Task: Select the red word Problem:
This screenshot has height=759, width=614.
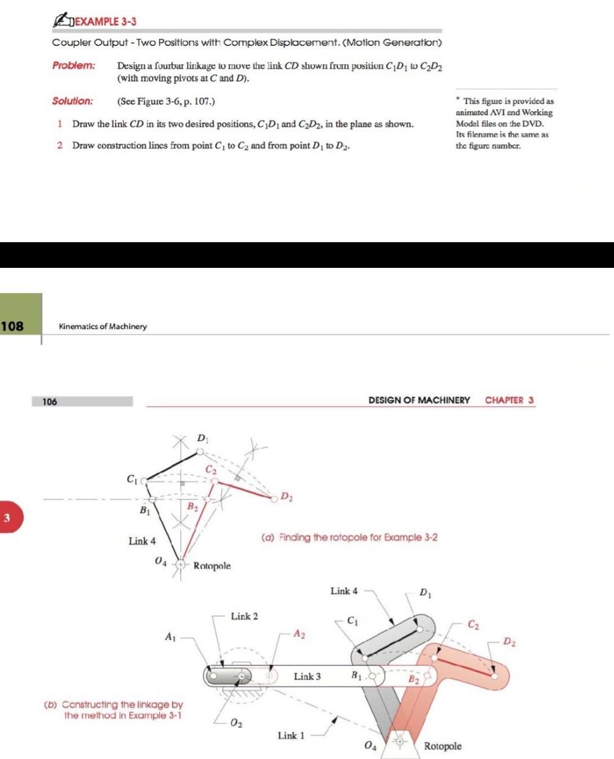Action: pos(73,65)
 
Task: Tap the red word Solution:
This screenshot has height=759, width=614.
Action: pos(72,101)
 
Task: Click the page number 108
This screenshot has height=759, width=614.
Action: pos(12,325)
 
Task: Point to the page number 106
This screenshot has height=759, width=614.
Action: pos(50,402)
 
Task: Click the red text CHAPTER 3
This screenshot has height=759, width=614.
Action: pos(509,400)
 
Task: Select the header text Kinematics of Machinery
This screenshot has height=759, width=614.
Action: pos(103,327)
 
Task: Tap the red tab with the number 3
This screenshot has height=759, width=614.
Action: pos(7,518)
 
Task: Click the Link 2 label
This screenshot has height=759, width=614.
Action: pos(244,616)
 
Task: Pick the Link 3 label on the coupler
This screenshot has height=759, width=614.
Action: pos(307,676)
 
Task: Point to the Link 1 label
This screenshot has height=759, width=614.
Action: pos(291,735)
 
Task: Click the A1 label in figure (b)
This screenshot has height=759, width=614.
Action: pos(171,637)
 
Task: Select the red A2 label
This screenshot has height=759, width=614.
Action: pos(299,634)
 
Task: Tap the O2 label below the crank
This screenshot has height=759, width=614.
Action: pos(236,724)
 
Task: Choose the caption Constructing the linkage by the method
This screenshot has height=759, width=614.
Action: pos(114,710)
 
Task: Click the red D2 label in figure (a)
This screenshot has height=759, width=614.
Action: pos(286,497)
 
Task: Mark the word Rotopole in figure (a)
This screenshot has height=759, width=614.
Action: pos(212,566)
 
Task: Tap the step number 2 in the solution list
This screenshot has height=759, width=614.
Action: pos(60,146)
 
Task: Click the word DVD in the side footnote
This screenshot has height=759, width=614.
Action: pos(533,124)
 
